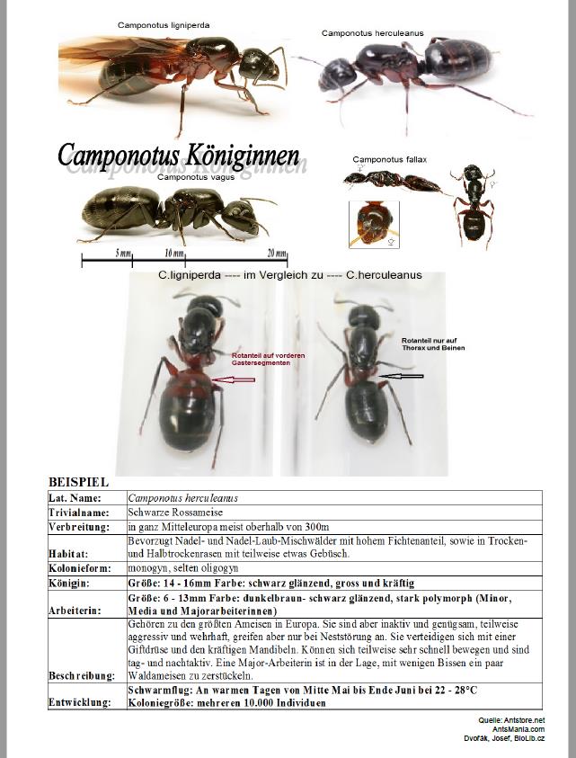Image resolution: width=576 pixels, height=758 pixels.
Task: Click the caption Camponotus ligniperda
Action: pos(164,25)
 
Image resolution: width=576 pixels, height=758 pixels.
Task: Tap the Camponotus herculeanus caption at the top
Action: pos(373,33)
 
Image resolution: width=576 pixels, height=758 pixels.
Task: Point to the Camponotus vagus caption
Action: pos(191,178)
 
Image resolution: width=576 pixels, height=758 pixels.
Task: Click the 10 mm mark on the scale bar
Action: pos(174,253)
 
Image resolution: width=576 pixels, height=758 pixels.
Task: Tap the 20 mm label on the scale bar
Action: pos(277,253)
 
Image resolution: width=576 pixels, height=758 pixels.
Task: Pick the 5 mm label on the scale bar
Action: pos(123,253)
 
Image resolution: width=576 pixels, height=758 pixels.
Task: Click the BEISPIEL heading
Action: pos(78,483)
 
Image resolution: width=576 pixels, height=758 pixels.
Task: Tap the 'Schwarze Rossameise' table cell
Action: pos(173,512)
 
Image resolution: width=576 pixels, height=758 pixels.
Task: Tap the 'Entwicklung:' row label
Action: pos(81,702)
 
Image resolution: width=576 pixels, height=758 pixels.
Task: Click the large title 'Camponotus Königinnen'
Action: pos(179,154)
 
